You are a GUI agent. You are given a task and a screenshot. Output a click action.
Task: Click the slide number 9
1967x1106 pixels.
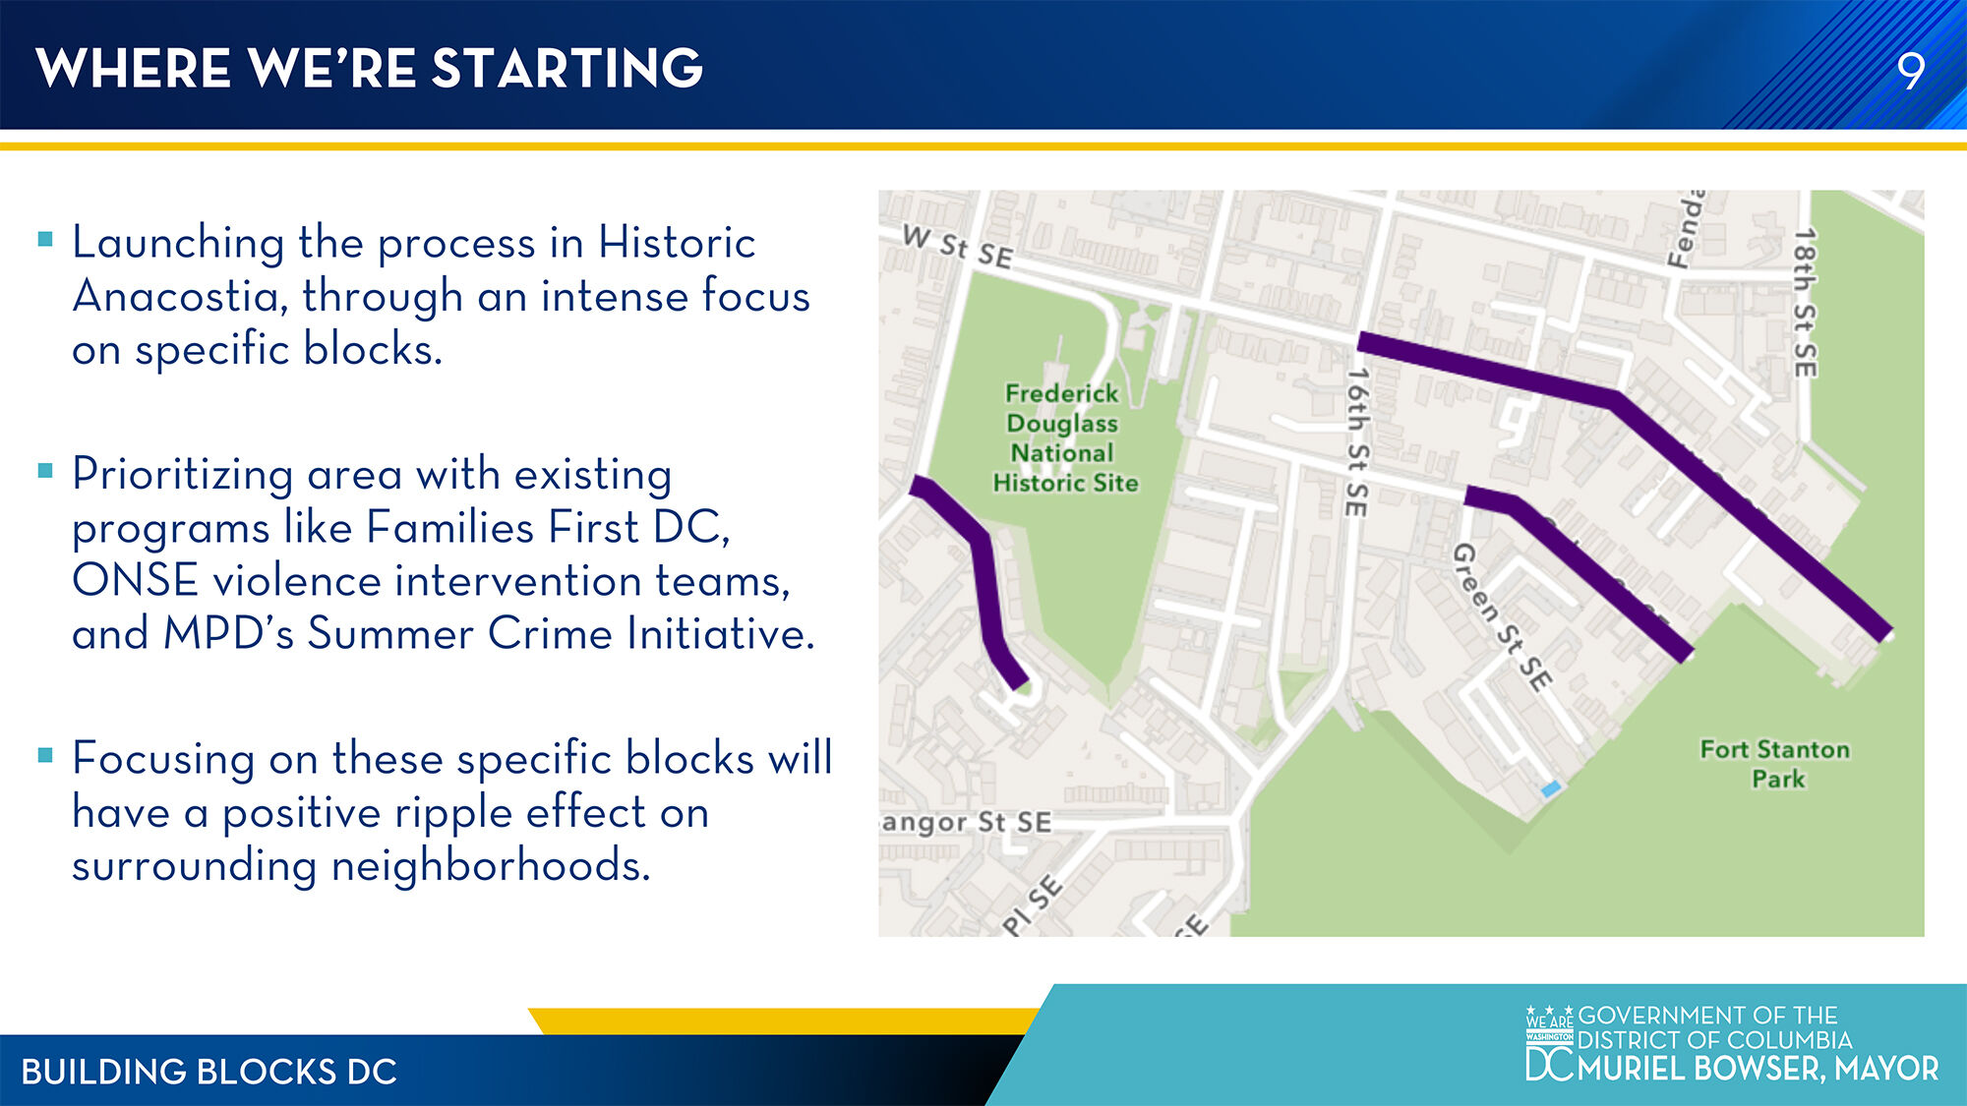pyautogui.click(x=1910, y=71)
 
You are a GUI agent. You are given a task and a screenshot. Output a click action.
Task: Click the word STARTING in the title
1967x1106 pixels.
pyautogui.click(x=567, y=68)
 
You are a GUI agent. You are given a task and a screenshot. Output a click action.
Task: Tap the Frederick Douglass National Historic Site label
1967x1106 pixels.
pyautogui.click(x=1064, y=437)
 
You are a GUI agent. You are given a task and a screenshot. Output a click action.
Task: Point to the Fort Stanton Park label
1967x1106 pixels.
pyautogui.click(x=1775, y=764)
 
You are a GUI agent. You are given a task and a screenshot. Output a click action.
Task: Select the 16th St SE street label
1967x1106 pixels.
pyautogui.click(x=1357, y=441)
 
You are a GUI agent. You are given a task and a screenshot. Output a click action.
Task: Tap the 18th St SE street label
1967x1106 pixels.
pyautogui.click(x=1805, y=303)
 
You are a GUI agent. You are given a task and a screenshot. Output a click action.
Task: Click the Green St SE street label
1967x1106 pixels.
pyautogui.click(x=1502, y=616)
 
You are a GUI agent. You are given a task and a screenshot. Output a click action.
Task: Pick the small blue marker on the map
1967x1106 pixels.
pyautogui.click(x=1551, y=788)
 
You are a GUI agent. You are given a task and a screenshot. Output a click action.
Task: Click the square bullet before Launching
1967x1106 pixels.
pyautogui.click(x=45, y=239)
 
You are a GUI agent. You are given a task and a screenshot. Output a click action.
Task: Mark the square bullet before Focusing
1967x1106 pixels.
pyautogui.click(x=45, y=755)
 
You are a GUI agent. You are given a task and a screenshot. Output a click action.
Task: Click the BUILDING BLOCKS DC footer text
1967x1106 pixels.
pyautogui.click(x=209, y=1072)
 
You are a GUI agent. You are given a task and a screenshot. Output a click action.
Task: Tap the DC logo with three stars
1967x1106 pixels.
pyautogui.click(x=1549, y=1043)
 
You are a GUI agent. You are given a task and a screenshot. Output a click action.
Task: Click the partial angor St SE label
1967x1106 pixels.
pyautogui.click(x=967, y=822)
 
